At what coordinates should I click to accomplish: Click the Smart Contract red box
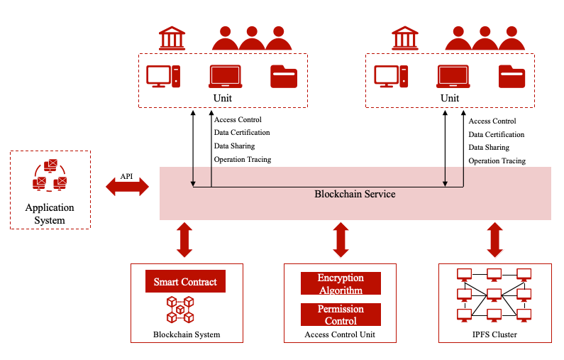click(x=185, y=282)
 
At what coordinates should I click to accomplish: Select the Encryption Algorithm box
click(x=341, y=283)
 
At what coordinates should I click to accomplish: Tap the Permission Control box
click(x=341, y=315)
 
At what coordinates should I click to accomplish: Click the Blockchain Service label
click(x=355, y=194)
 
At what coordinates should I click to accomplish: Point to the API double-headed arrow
click(x=127, y=187)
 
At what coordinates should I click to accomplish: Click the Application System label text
click(x=50, y=214)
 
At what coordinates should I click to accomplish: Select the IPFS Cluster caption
click(x=494, y=334)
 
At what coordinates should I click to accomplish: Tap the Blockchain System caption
click(x=187, y=334)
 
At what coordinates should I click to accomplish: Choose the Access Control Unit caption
click(x=340, y=334)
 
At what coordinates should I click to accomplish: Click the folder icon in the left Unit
click(x=284, y=76)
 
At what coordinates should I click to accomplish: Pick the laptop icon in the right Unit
click(x=454, y=76)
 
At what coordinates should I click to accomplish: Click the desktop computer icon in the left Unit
click(x=162, y=76)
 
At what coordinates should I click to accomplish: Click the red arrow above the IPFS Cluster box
click(x=494, y=239)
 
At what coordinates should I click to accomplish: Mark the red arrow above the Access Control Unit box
click(x=341, y=239)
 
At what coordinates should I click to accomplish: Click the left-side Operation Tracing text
click(x=243, y=160)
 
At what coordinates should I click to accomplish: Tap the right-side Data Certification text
click(x=497, y=134)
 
